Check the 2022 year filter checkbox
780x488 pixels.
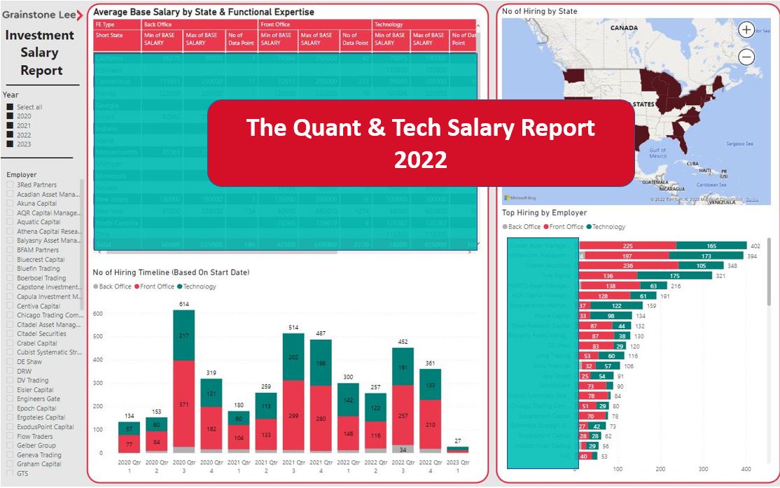[11, 134]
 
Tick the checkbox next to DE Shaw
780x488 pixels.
[10, 362]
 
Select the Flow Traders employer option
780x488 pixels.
[10, 436]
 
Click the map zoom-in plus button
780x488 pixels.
[746, 30]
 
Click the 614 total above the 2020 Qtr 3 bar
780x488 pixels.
[183, 305]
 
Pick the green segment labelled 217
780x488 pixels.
[183, 335]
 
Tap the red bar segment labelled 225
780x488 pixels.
[627, 246]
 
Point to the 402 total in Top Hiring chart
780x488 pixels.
[755, 246]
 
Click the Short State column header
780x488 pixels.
[109, 35]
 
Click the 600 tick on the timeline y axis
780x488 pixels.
[97, 314]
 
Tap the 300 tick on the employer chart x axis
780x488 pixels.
[703, 470]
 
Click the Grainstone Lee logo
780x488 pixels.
[41, 15]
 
